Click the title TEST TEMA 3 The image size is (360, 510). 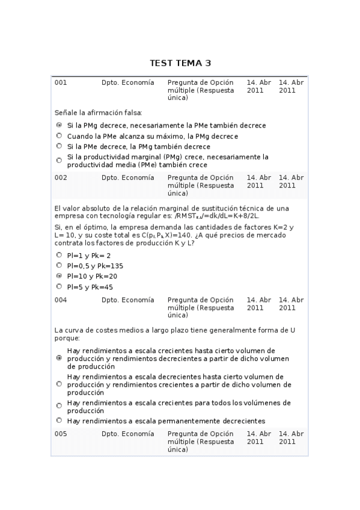180,63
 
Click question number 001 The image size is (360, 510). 61,82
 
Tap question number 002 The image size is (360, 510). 61,177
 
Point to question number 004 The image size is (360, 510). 61,300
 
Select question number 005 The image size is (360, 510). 61,434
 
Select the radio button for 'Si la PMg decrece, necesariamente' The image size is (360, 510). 59,125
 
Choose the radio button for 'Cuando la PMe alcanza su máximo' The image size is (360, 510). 59,136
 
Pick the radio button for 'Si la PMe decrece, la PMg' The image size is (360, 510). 59,146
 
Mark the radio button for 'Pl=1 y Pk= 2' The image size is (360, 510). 59,255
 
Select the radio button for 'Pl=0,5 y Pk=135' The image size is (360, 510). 59,265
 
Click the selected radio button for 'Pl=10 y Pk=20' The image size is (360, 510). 59,276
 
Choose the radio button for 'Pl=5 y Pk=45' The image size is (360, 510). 59,286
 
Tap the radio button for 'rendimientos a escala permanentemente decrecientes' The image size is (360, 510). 59,420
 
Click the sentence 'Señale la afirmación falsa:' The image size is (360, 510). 98,112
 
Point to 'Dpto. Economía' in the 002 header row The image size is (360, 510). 127,177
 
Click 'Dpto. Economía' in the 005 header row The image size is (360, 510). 127,434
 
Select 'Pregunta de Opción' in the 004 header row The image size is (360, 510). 200,300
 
